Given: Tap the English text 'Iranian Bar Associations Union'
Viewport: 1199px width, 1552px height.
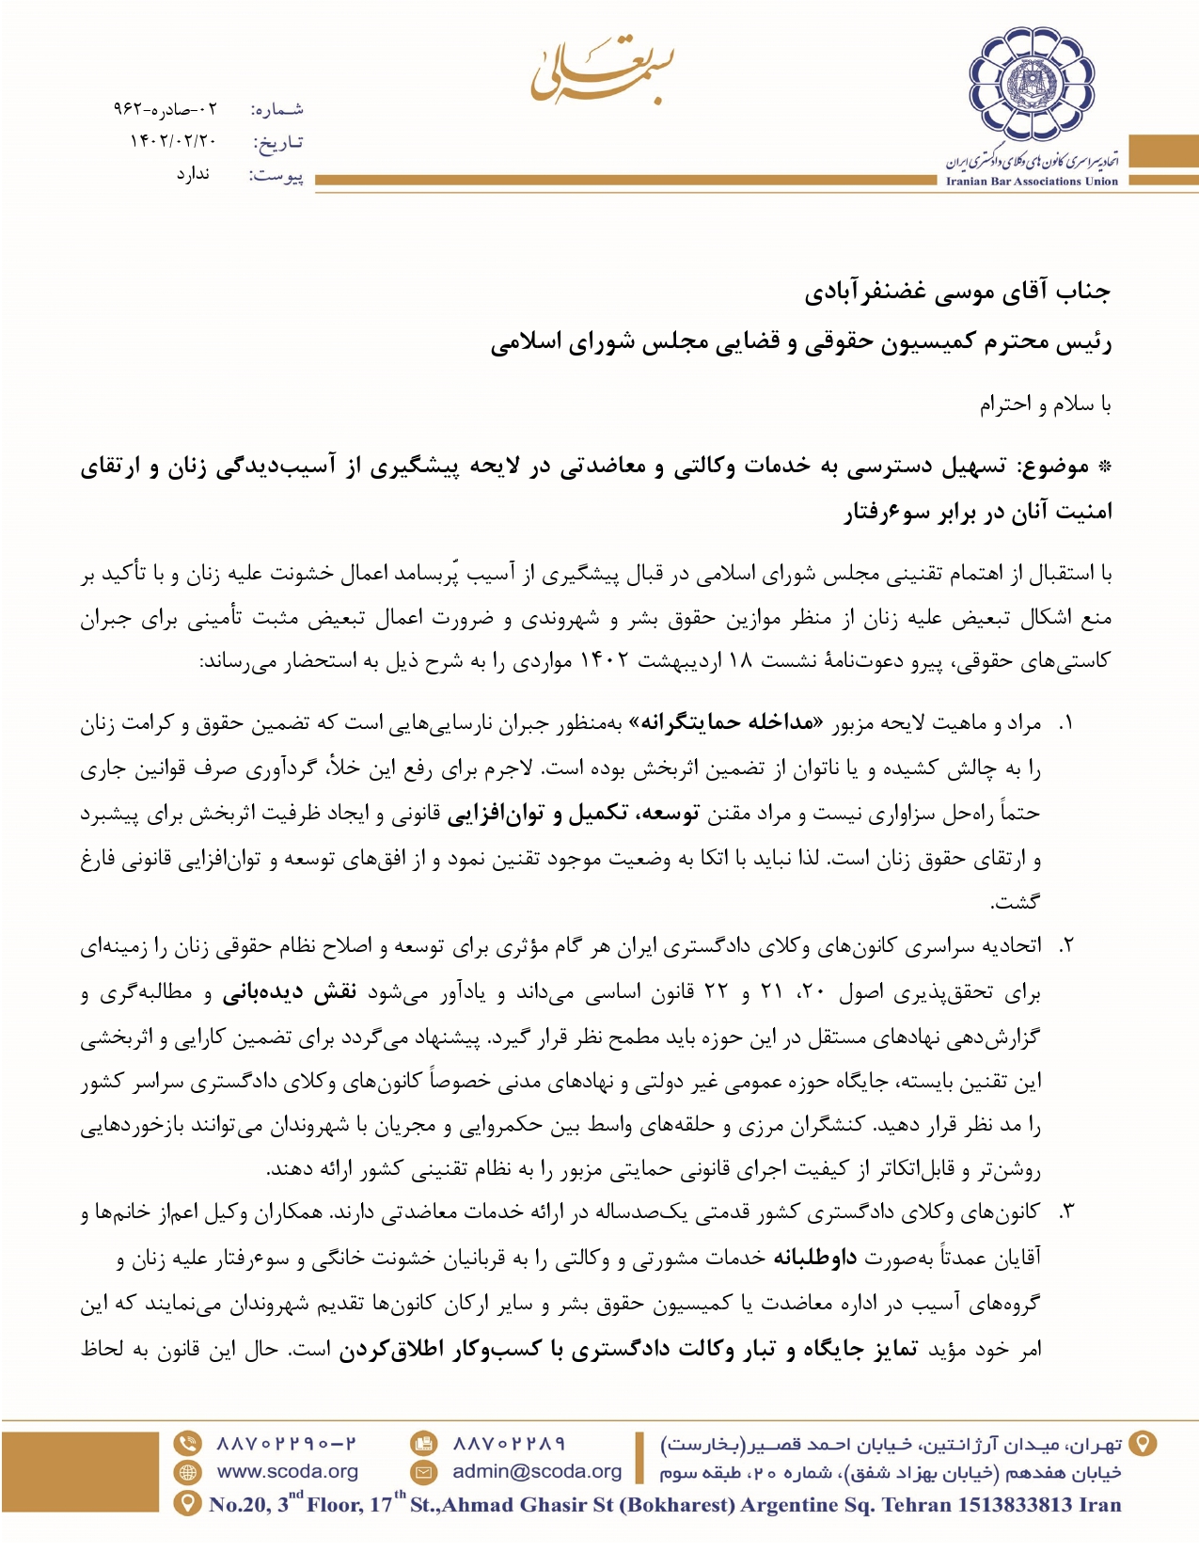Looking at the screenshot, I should pos(1032,182).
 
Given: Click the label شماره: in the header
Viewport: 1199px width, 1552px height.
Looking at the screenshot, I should pos(277,110).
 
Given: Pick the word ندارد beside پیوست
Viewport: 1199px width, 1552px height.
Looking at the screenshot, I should pos(193,174).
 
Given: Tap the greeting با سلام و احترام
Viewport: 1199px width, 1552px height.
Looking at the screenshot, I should pos(1045,404).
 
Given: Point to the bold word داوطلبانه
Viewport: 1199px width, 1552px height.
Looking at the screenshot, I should pos(814,1258).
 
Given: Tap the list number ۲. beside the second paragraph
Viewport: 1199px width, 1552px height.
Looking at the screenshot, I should pos(1066,945).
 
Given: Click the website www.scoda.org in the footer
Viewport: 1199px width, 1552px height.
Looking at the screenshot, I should pos(288,1471).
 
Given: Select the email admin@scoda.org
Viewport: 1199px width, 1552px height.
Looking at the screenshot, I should pos(537,1471).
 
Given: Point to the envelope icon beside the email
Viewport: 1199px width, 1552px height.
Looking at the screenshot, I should pos(424,1472).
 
